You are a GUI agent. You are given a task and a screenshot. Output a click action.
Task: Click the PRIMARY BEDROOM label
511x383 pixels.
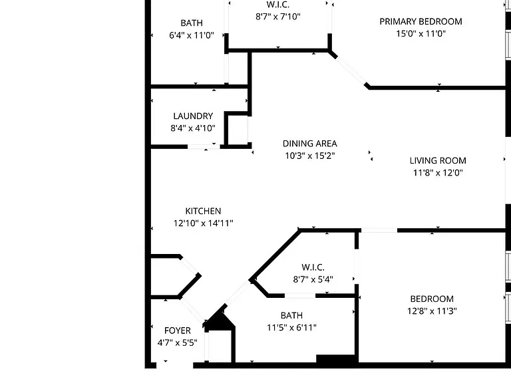421,21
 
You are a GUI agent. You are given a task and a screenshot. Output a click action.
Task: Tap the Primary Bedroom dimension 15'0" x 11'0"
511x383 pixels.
421,33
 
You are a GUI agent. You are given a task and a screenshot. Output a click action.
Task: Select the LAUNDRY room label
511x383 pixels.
193,116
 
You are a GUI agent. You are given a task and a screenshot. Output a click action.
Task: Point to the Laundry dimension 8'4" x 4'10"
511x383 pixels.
193,128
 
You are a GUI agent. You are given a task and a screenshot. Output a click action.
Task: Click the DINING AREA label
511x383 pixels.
309,144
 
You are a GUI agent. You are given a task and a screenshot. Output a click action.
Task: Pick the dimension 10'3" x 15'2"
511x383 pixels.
310,156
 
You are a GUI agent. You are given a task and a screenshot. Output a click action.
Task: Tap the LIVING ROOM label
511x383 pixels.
438,160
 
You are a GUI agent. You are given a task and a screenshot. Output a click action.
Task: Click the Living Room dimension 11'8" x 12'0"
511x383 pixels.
438,173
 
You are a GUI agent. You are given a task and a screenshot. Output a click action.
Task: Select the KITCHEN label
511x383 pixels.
203,211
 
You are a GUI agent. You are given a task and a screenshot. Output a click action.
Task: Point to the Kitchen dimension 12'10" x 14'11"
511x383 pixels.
203,223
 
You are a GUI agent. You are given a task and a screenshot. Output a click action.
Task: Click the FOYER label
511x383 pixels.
177,330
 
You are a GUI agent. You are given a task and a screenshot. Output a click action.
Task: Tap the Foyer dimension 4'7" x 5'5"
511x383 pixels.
177,342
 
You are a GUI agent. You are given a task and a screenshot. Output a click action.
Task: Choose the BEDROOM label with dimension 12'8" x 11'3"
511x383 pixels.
432,299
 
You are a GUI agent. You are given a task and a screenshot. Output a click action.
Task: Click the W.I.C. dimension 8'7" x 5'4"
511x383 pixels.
313,279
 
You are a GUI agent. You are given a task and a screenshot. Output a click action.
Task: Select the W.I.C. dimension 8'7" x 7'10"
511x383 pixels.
278,16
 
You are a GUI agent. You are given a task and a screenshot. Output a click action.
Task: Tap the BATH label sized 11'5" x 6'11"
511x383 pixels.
291,315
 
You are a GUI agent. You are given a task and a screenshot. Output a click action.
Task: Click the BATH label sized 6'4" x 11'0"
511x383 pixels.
192,23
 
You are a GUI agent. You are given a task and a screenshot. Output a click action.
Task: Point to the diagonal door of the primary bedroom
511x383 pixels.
351,70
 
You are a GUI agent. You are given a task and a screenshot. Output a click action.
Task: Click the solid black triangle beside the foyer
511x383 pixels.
220,320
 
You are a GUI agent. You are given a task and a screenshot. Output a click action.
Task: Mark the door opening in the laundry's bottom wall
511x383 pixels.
204,147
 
